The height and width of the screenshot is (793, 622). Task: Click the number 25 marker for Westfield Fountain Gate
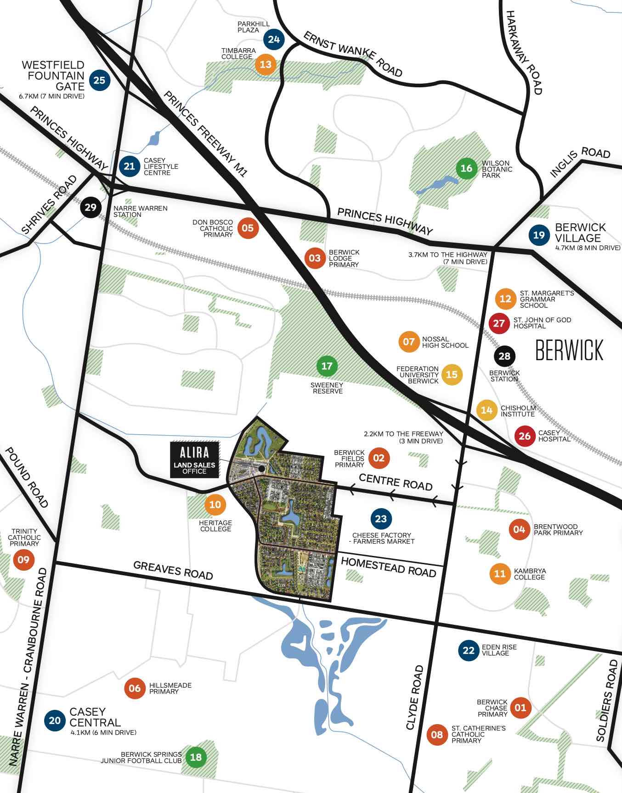[99, 80]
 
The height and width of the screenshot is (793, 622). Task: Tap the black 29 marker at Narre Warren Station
[90, 207]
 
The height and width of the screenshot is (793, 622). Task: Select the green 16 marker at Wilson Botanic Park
[466, 168]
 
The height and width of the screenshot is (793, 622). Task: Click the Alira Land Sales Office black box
[195, 460]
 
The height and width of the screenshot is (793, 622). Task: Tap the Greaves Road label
[173, 570]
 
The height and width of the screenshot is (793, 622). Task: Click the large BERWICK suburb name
[569, 351]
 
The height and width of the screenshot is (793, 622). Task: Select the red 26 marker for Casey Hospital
[525, 436]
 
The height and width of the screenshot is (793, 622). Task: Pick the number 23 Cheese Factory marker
[381, 519]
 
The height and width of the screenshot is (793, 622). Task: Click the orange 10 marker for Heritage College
[215, 504]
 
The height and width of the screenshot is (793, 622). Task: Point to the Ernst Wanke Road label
[353, 54]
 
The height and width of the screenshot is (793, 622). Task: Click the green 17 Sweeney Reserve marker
[327, 366]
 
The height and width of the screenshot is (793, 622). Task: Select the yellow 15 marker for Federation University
[452, 374]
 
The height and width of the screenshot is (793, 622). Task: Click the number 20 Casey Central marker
[55, 720]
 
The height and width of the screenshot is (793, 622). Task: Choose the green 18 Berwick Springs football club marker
[196, 757]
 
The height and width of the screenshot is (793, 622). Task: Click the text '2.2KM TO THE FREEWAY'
[403, 433]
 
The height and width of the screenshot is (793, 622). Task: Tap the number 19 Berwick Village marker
[539, 235]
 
